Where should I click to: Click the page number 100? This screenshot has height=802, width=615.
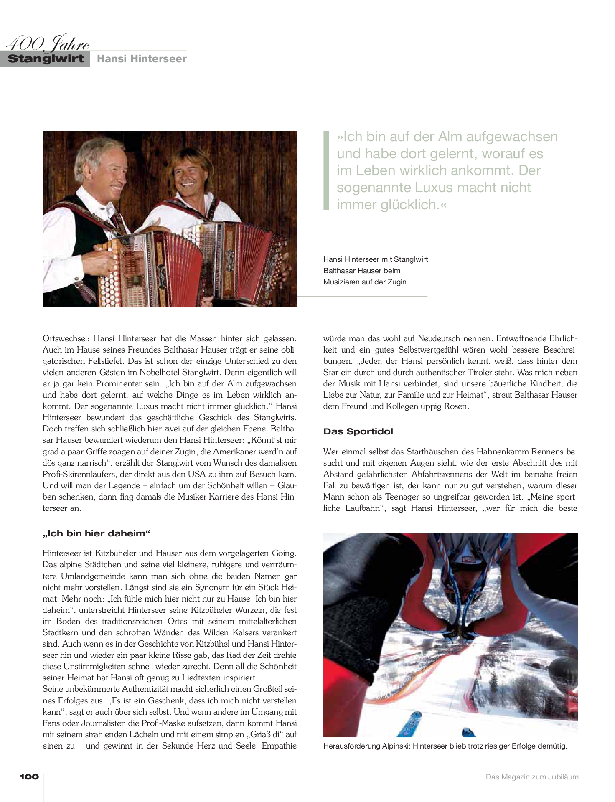[29, 777]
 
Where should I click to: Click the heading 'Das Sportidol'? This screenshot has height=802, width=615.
[358, 431]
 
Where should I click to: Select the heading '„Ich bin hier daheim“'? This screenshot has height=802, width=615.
[96, 533]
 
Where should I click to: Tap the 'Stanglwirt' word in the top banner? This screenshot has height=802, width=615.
[46, 58]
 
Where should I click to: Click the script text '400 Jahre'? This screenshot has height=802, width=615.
[48, 43]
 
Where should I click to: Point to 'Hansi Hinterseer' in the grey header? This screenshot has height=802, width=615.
[142, 59]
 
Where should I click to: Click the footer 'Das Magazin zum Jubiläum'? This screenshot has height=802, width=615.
[532, 777]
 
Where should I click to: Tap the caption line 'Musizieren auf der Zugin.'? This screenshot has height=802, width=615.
[366, 282]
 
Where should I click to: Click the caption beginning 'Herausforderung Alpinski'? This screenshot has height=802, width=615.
[445, 746]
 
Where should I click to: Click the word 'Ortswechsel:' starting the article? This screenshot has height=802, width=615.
[66, 338]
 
